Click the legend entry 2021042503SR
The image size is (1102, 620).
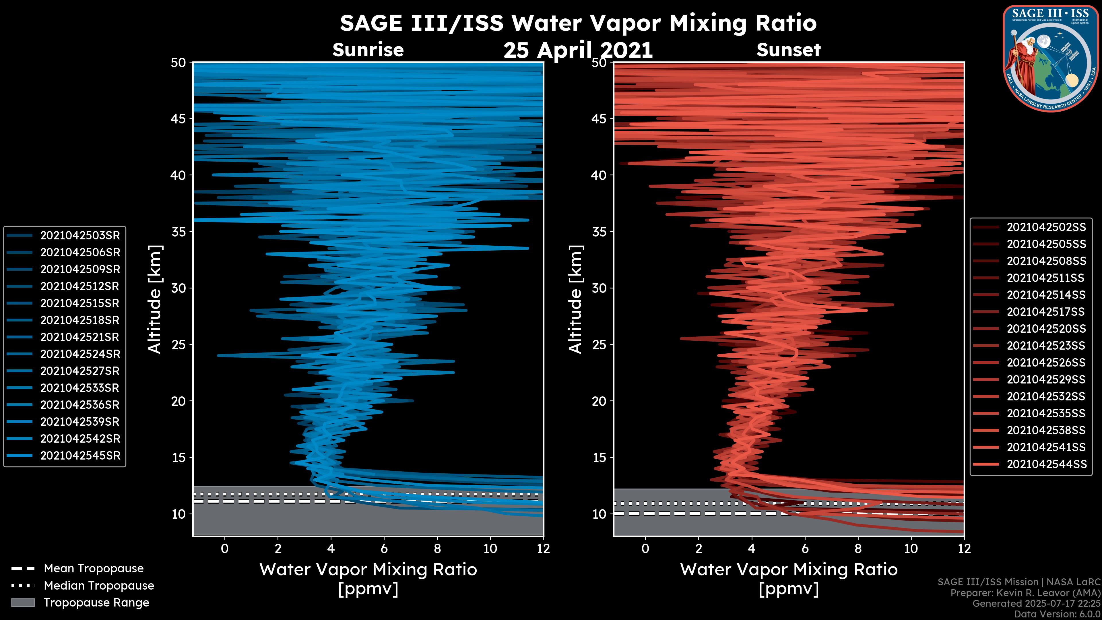(80, 235)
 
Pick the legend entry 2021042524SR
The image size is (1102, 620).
(80, 354)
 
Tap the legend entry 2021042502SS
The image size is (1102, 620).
(1046, 227)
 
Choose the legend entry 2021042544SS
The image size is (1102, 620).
(1046, 464)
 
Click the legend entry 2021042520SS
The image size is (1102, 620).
(1046, 329)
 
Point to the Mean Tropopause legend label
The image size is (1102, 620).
(93, 568)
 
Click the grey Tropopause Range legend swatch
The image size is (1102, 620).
(23, 602)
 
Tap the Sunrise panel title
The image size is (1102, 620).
(368, 50)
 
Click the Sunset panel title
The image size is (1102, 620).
(788, 50)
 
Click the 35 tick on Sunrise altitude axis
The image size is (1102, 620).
(179, 231)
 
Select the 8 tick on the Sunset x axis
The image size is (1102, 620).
(858, 549)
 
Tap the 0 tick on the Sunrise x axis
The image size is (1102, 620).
(225, 549)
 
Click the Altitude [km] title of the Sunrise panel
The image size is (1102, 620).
(155, 299)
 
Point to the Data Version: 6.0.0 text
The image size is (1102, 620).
(1058, 615)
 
